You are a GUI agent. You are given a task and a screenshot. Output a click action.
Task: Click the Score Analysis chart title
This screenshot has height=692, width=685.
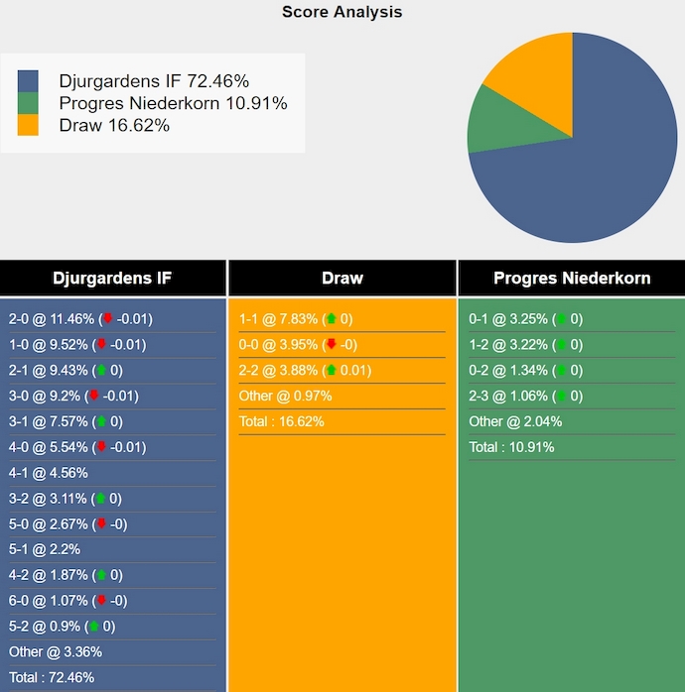tap(342, 12)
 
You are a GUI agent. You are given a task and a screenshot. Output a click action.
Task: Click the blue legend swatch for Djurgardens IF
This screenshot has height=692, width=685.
tap(28, 80)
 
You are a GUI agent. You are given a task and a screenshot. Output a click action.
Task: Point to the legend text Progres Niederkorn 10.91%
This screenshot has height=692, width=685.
tap(173, 103)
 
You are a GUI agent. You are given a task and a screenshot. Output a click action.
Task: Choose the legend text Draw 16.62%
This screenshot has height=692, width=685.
tap(114, 125)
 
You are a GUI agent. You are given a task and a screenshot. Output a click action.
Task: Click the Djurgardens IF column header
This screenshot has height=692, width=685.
tap(112, 278)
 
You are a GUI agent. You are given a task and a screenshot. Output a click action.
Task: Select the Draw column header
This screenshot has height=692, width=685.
tap(342, 278)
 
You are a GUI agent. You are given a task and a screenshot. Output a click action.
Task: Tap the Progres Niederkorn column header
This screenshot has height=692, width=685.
tap(572, 278)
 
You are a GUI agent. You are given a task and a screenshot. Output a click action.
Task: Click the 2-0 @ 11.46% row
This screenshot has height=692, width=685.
tap(78, 319)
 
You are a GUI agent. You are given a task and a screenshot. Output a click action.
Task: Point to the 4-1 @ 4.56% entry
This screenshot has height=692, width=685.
tap(49, 473)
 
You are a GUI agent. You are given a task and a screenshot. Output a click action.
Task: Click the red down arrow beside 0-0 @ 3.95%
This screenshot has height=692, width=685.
tap(332, 345)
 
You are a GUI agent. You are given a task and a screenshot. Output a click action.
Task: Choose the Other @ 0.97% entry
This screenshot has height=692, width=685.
tap(285, 396)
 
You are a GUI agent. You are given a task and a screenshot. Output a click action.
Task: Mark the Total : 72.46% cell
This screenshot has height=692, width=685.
tap(52, 678)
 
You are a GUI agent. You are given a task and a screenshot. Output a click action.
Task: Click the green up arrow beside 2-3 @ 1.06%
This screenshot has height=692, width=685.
tap(562, 397)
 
